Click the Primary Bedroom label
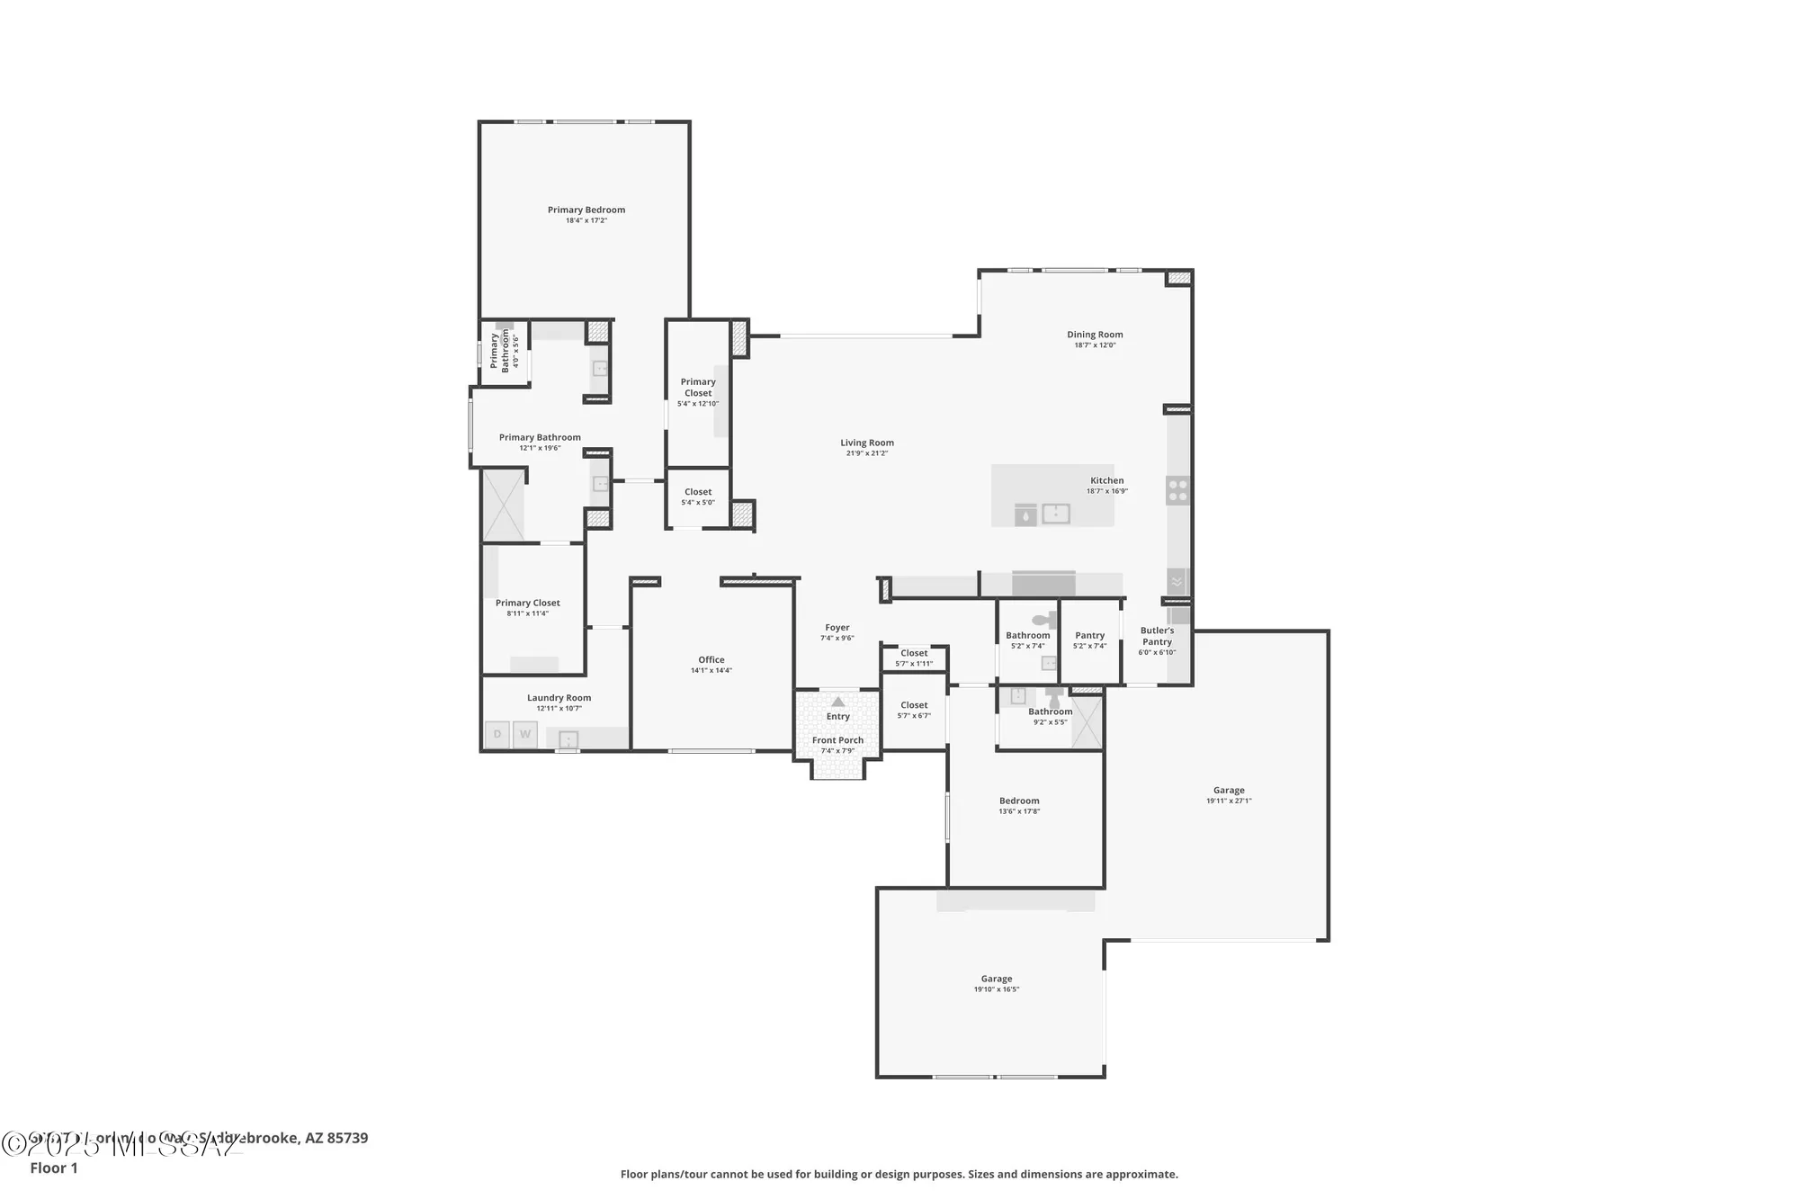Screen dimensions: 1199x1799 pyautogui.click(x=586, y=210)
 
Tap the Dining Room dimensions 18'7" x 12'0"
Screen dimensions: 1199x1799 pyautogui.click(x=1095, y=345)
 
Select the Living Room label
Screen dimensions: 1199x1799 pyautogui.click(x=867, y=443)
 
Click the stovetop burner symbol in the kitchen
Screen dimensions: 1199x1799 pyautogui.click(x=1177, y=490)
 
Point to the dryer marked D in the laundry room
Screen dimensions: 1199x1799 pyautogui.click(x=497, y=734)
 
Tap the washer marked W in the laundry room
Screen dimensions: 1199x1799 pyautogui.click(x=525, y=734)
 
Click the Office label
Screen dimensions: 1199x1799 pyautogui.click(x=711, y=659)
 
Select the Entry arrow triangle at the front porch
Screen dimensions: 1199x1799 pyautogui.click(x=837, y=702)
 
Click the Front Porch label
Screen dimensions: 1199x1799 pyautogui.click(x=837, y=740)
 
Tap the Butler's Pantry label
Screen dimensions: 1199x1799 pyautogui.click(x=1157, y=636)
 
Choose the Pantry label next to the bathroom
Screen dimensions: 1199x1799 pyautogui.click(x=1089, y=635)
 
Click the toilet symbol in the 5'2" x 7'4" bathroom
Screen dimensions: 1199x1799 pyautogui.click(x=1046, y=620)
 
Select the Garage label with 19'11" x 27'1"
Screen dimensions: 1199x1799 pyautogui.click(x=1229, y=790)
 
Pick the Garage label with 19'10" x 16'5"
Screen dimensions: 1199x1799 pyautogui.click(x=996, y=979)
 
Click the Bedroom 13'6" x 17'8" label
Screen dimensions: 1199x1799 pyautogui.click(x=1019, y=801)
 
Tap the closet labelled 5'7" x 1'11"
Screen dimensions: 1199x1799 pyautogui.click(x=914, y=658)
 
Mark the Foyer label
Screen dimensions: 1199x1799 pyautogui.click(x=837, y=628)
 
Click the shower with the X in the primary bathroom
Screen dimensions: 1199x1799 pyautogui.click(x=503, y=504)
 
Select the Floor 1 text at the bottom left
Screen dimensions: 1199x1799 pyautogui.click(x=54, y=1168)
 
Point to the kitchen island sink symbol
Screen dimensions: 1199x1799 pyautogui.click(x=1055, y=514)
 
